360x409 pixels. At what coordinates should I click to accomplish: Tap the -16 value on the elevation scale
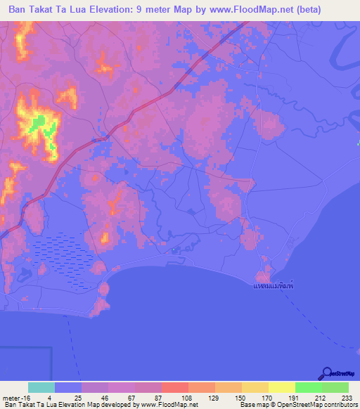24,397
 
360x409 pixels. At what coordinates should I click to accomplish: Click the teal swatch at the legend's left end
41,387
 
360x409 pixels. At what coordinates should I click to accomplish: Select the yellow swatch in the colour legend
281,387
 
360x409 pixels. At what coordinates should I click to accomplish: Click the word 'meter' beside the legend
10,397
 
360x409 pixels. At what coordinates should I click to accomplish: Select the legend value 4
50,397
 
